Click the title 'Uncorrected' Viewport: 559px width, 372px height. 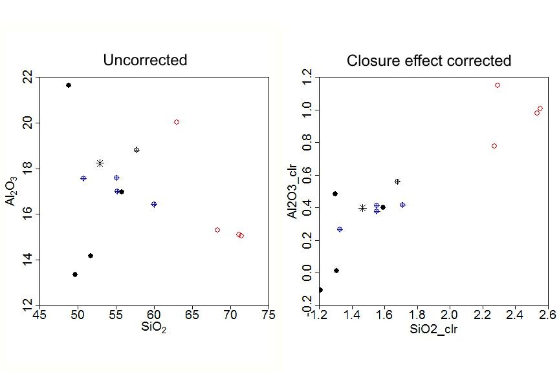(145, 61)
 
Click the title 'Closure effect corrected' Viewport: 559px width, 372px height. (429, 61)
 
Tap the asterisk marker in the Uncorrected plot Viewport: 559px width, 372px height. (100, 163)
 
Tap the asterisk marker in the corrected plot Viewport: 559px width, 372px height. (363, 208)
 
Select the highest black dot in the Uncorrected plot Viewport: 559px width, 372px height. (69, 85)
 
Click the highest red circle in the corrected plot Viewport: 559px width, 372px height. (498, 85)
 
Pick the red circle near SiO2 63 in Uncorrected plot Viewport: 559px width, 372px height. (177, 122)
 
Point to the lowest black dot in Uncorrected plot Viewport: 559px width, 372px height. (75, 274)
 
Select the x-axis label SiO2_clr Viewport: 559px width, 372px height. (433, 329)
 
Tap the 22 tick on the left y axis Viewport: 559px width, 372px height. (27, 77)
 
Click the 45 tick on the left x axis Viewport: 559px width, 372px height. (39, 315)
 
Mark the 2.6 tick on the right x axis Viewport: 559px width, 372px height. (547, 315)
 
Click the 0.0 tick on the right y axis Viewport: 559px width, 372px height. (307, 273)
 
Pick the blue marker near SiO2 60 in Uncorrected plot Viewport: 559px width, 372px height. (154, 204)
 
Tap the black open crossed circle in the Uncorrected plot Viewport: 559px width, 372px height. (137, 150)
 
